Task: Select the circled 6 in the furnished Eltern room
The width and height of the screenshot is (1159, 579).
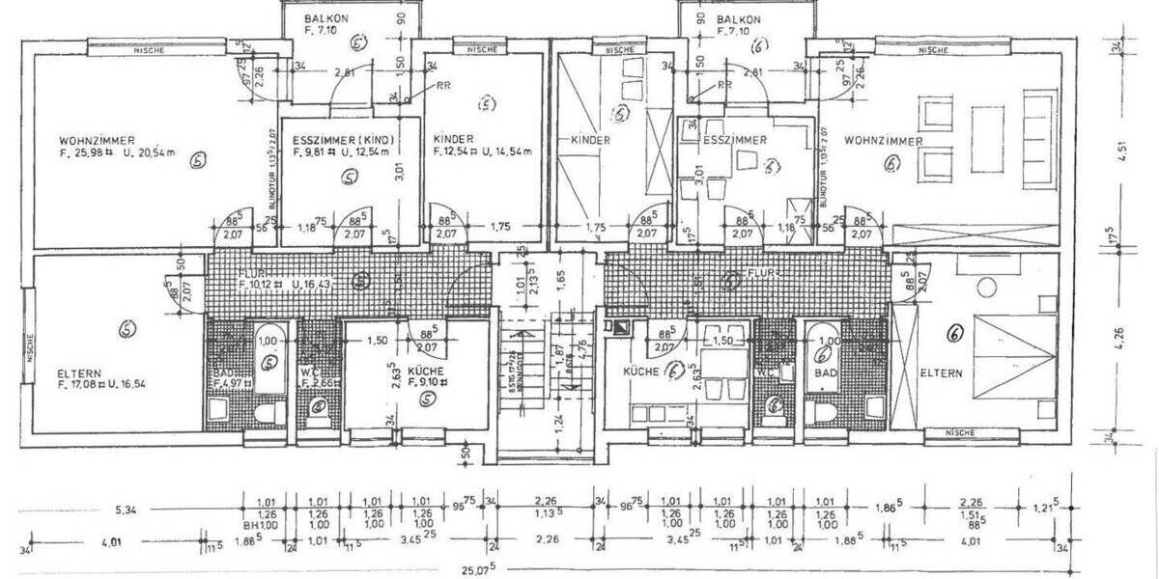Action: tap(954, 334)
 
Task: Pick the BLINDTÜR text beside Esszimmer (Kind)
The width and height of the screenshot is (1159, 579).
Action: tap(272, 182)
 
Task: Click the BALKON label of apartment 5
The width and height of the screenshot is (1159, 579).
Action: tap(325, 19)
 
